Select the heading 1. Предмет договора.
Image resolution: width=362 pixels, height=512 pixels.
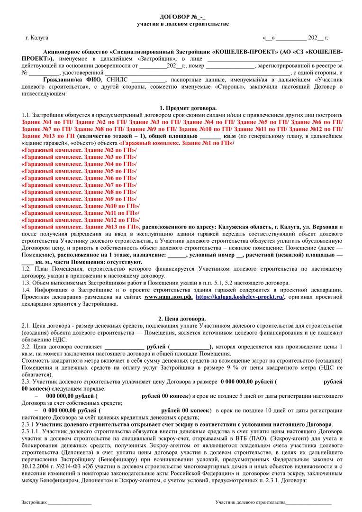pos(181,109)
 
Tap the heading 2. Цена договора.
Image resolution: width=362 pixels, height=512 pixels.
pos(181,319)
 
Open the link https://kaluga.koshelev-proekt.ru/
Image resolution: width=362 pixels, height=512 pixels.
pos(240,297)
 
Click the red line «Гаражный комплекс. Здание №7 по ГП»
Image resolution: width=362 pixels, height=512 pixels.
pos(79,185)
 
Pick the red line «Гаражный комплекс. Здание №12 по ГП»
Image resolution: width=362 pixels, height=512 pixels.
pos(81,220)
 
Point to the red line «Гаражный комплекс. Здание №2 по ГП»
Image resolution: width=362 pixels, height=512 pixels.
pos(79,150)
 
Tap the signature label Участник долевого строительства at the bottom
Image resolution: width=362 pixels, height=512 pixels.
pos(250,502)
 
